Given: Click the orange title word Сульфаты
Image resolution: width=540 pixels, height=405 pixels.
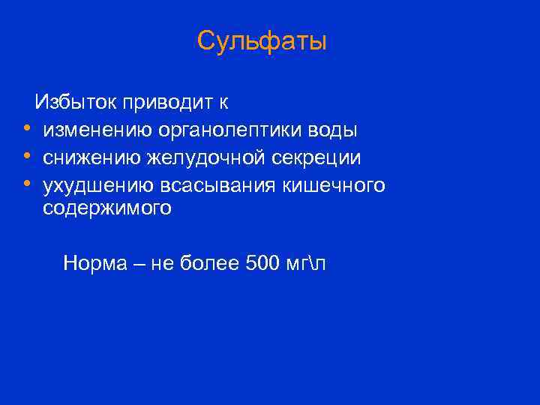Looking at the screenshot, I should [x=262, y=42].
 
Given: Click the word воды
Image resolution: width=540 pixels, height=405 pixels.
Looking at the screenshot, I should [x=335, y=130].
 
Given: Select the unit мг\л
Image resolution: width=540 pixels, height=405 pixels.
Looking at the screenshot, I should [x=308, y=263].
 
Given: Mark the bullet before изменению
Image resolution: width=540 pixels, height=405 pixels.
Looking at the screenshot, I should [x=26, y=129].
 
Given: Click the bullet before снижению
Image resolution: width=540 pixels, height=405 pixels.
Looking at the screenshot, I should [x=26, y=157].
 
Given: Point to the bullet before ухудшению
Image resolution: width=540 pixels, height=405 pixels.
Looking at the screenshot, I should [x=26, y=184].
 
